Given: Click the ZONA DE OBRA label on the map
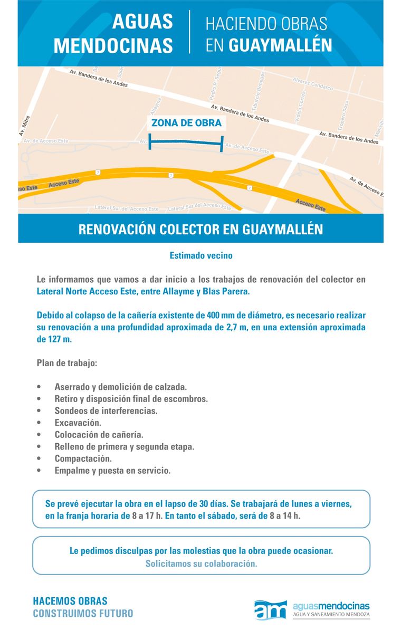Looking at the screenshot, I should pyautogui.click(x=186, y=123).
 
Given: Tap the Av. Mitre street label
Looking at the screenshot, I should pyautogui.click(x=25, y=126).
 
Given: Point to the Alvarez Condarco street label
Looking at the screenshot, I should pyautogui.click(x=313, y=83).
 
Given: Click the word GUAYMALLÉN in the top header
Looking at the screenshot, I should pyautogui.click(x=280, y=45).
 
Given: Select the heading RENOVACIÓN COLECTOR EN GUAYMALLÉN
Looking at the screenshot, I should pyautogui.click(x=200, y=230).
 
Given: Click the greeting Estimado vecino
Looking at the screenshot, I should pyautogui.click(x=200, y=255).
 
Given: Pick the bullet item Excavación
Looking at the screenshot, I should pyautogui.click(x=78, y=423).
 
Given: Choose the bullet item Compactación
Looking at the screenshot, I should pyautogui.click(x=83, y=458).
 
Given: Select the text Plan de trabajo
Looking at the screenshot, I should pyautogui.click(x=67, y=363).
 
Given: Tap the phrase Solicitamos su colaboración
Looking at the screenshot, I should pyautogui.click(x=201, y=563).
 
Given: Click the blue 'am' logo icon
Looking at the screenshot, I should pyautogui.click(x=270, y=610).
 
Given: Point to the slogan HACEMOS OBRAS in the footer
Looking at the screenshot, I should pyautogui.click(x=70, y=601).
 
